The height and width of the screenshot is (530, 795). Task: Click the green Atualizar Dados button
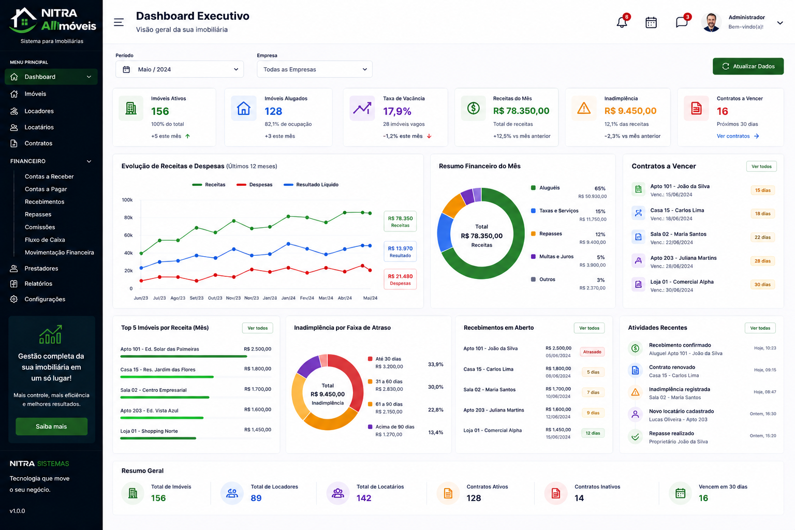click(x=748, y=66)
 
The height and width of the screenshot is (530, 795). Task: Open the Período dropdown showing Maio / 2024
click(x=180, y=69)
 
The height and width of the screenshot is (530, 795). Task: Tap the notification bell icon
click(x=622, y=22)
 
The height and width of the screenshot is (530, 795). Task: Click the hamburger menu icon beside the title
click(x=119, y=22)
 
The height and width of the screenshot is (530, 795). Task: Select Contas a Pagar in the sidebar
click(x=46, y=189)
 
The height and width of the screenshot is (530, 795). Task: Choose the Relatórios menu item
click(x=38, y=284)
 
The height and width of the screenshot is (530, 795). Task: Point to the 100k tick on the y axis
click(x=127, y=200)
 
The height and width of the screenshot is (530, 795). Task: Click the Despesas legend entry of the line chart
click(x=255, y=185)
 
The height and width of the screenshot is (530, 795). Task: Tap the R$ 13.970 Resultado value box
click(x=400, y=252)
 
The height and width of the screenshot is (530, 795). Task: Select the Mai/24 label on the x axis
click(x=370, y=298)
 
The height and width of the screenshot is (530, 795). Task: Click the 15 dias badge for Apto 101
click(x=763, y=190)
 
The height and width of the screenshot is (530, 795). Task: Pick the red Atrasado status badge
click(x=592, y=352)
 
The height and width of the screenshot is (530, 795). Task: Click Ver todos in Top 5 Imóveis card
click(x=258, y=328)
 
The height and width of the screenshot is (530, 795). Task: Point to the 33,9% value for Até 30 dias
click(x=435, y=364)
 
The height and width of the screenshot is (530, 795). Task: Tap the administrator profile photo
click(x=711, y=22)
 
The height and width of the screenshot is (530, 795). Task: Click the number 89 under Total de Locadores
click(x=256, y=498)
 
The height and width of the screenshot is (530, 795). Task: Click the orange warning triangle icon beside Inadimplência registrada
click(x=635, y=392)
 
